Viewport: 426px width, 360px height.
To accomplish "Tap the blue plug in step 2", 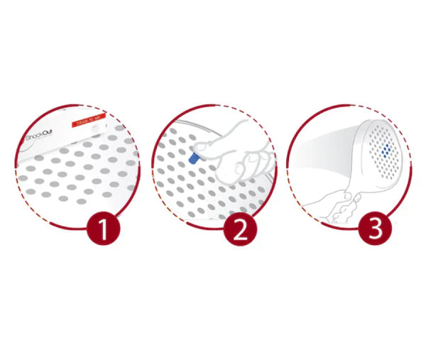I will click(194, 158).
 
